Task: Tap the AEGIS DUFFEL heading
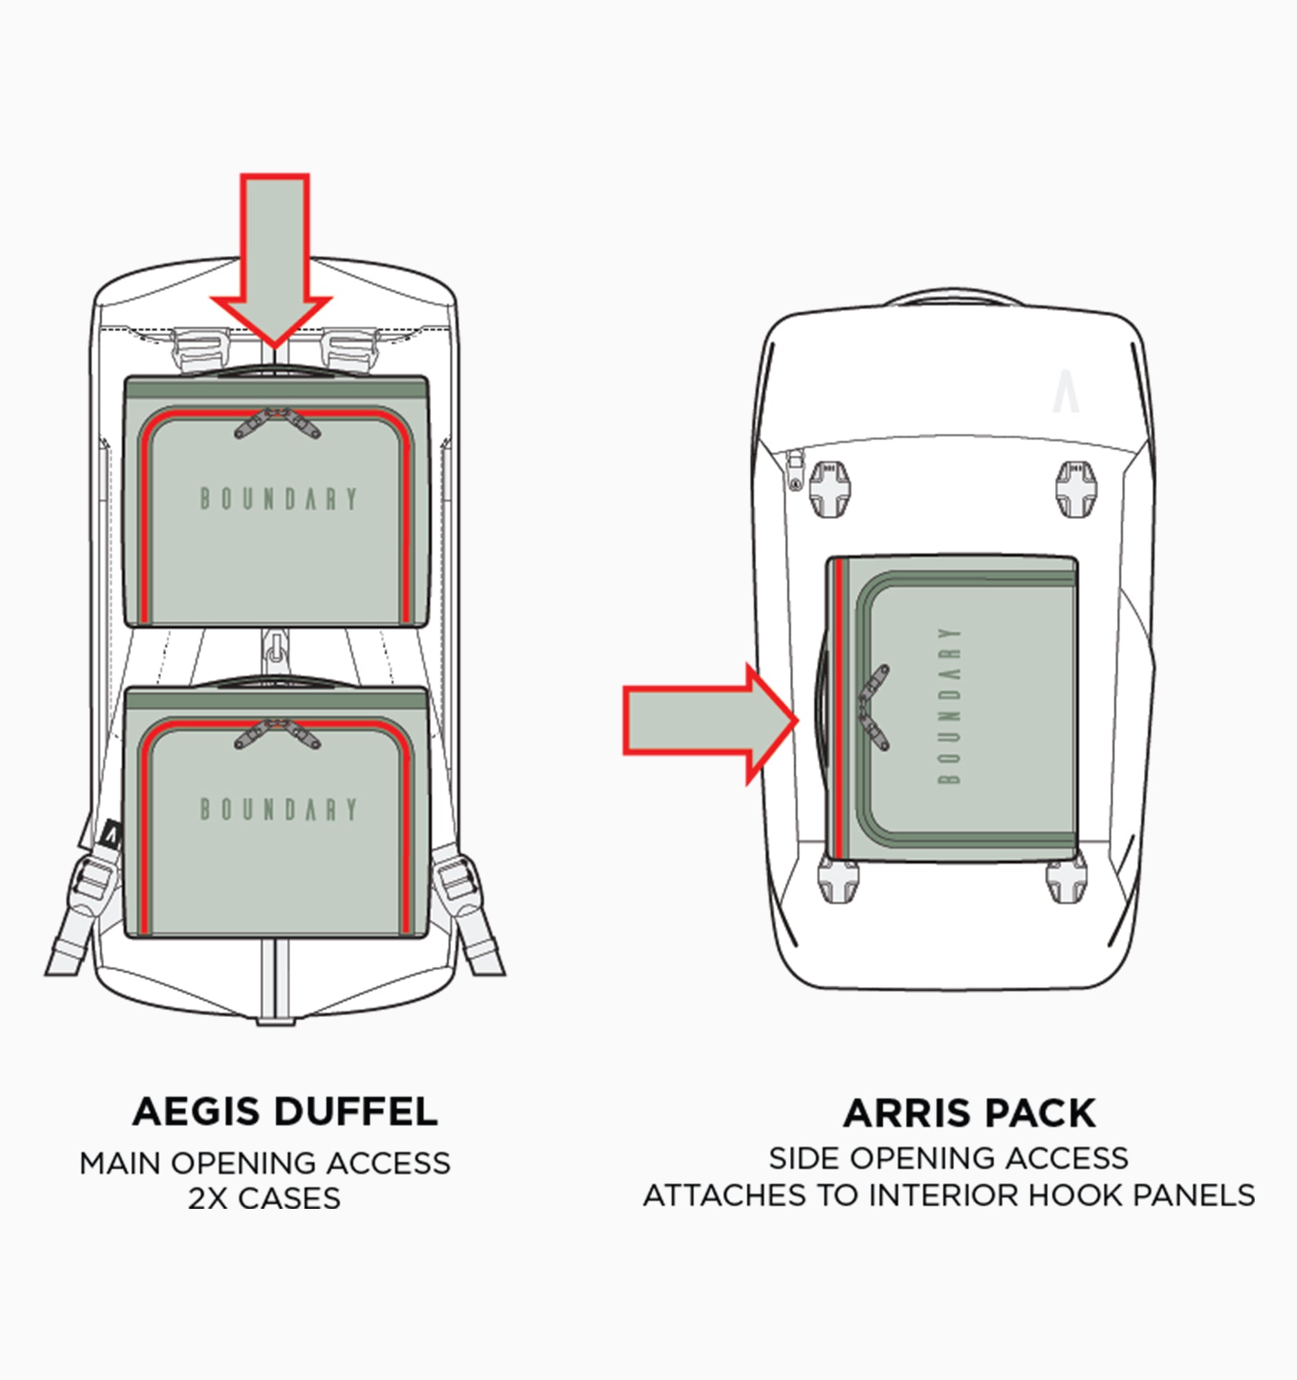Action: (284, 1112)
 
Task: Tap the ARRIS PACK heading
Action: (969, 1114)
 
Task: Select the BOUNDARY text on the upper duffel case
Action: (278, 498)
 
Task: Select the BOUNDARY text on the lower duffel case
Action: (278, 809)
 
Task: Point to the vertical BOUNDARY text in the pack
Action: (949, 705)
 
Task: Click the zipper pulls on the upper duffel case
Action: (277, 422)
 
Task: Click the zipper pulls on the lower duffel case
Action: (277, 732)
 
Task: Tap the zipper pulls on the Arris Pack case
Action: (873, 707)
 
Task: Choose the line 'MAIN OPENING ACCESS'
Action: (264, 1163)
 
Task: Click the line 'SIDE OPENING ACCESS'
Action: (948, 1159)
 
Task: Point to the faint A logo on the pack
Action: (1065, 392)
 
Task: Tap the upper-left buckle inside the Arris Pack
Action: (829, 489)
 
